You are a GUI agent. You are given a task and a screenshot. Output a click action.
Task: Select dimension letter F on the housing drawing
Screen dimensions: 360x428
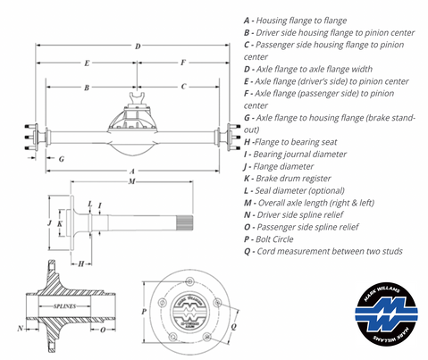coord(182,63)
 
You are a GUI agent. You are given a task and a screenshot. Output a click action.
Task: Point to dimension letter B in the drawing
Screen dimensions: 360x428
coord(86,88)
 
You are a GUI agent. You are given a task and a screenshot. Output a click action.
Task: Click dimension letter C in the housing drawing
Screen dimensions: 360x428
coord(183,87)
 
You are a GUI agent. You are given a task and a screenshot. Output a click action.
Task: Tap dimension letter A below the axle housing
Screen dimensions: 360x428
coord(132,171)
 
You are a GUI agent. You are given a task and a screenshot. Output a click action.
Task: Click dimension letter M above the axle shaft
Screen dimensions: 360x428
coord(132,182)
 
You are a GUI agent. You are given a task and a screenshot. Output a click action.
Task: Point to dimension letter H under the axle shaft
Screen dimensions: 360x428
coord(80,264)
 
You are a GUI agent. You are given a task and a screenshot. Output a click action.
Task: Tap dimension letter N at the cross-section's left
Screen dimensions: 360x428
coord(20,329)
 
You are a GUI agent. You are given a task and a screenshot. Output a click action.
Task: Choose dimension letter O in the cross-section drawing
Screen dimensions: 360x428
coord(104,329)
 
